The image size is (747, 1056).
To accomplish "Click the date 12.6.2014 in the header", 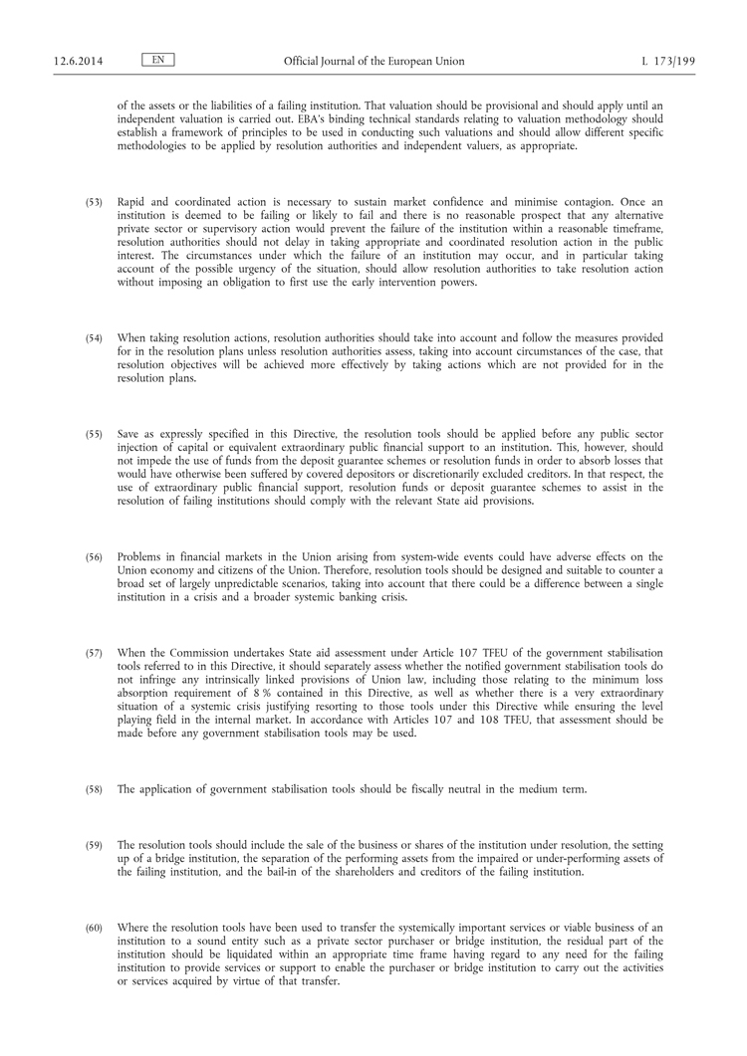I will (75, 61).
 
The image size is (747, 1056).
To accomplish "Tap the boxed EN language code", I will (157, 61).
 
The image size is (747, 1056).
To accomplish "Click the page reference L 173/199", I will (668, 61).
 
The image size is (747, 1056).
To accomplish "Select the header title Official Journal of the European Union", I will (373, 61).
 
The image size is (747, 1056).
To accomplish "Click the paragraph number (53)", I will (94, 202).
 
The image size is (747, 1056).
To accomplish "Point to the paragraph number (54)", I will (94, 339).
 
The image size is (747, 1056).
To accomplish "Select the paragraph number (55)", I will (94, 436).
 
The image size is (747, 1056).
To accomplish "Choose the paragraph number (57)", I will (94, 652).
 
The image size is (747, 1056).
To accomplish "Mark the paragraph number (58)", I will (94, 789).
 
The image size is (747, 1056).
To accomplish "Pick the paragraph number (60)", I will (94, 928).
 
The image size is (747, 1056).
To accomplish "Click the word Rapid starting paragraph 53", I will (132, 202).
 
